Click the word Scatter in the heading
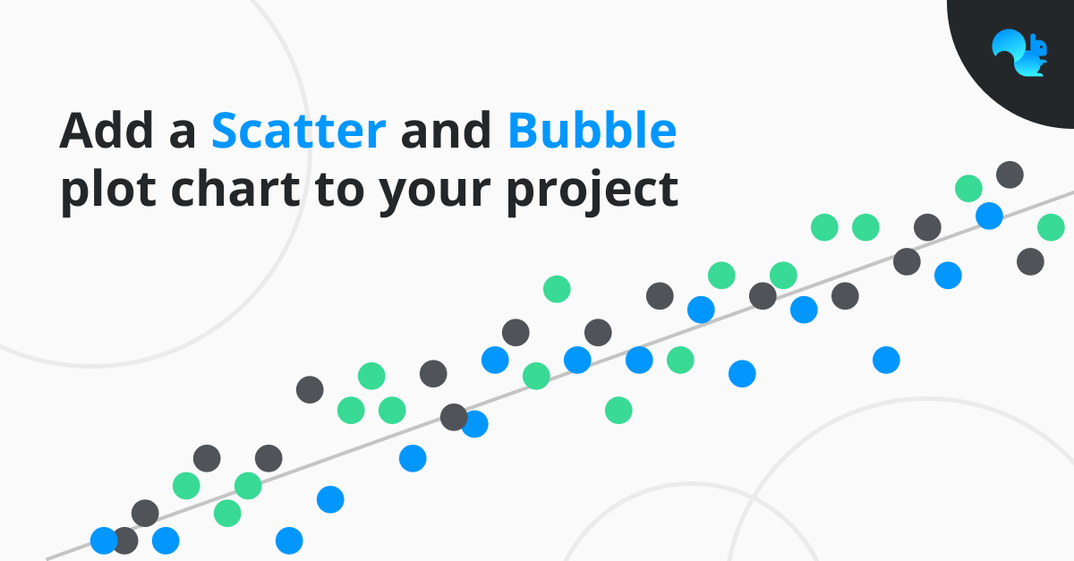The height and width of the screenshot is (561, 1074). (x=299, y=130)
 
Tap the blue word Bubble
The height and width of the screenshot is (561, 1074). (x=592, y=130)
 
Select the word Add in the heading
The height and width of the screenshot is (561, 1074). (x=107, y=130)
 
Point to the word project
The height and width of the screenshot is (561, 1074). (x=592, y=191)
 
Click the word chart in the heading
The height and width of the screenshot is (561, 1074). (x=235, y=189)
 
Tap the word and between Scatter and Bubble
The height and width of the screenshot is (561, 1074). (x=446, y=130)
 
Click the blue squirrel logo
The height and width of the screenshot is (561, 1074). (x=1019, y=53)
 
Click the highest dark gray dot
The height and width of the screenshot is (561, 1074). (x=1010, y=175)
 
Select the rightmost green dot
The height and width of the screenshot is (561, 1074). (x=1051, y=227)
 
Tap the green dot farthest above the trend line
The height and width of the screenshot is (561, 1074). (x=557, y=289)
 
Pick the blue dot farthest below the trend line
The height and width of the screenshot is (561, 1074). (x=886, y=360)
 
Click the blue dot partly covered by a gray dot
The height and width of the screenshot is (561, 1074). (x=474, y=424)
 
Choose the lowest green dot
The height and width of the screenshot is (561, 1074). (x=227, y=513)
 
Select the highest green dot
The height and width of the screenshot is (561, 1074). (x=968, y=189)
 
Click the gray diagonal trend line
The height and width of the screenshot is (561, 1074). (x=560, y=376)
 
